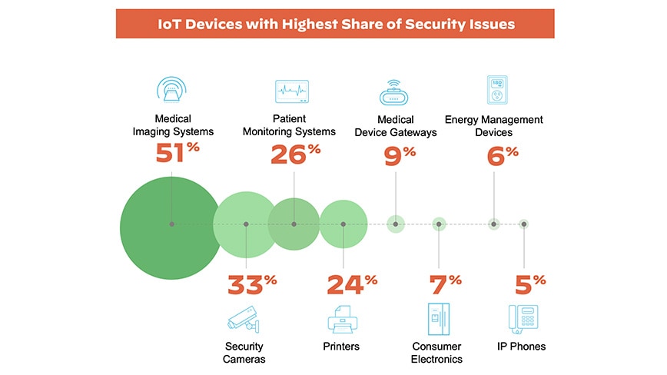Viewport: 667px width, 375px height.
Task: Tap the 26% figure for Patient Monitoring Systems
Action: pos(295,155)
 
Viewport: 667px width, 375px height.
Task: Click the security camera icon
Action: pos(244,318)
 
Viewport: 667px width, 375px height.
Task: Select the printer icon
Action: pos(342,318)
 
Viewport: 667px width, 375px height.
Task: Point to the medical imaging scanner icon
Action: pos(173,91)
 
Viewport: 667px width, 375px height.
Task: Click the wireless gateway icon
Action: pos(396,93)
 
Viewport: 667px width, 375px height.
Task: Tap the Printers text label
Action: pos(341,347)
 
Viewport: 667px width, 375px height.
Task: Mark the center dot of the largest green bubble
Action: pos(171,224)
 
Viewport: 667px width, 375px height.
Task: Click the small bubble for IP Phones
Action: pos(524,224)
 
